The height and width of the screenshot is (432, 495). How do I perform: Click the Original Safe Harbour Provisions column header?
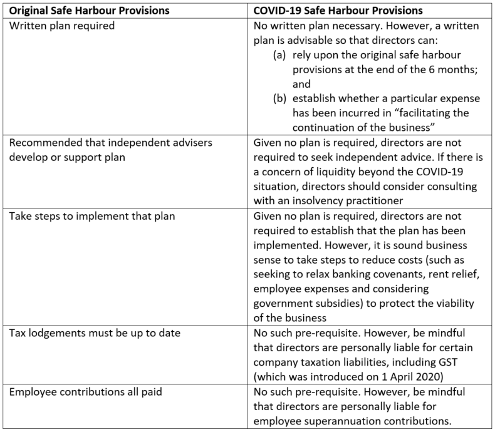point(88,11)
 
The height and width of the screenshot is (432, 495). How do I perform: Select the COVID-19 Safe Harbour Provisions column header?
point(338,11)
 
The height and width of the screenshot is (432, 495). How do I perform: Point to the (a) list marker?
point(281,55)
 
